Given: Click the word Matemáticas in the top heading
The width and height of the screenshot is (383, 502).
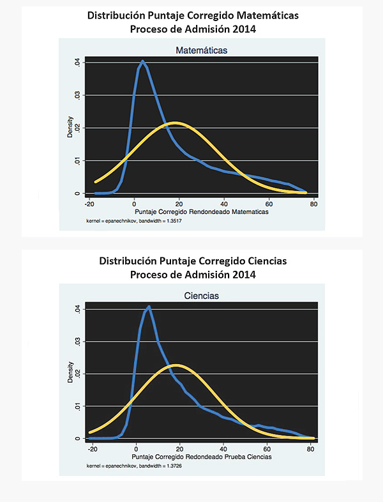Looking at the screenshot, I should (x=263, y=16).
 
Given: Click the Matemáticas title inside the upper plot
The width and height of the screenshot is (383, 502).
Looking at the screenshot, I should (x=202, y=50).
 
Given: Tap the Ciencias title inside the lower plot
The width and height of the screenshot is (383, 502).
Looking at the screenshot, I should (x=201, y=296).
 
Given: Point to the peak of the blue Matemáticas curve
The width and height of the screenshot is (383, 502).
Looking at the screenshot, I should (x=142, y=61).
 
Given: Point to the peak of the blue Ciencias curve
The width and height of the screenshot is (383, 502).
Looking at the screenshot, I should (x=149, y=307).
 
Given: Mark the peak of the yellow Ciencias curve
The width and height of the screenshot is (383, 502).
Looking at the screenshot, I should (x=177, y=365).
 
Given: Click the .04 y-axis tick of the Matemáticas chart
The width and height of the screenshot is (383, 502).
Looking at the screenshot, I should (x=77, y=62).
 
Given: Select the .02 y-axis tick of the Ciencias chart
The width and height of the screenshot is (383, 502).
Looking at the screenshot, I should (x=77, y=373).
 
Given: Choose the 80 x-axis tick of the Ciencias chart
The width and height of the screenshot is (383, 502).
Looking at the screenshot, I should (x=311, y=450).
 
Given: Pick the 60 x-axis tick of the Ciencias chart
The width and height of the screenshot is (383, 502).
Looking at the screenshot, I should (x=267, y=450).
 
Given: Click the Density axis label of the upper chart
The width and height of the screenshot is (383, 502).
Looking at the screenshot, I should (x=70, y=127).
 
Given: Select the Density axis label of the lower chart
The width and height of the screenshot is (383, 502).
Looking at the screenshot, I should (x=70, y=373).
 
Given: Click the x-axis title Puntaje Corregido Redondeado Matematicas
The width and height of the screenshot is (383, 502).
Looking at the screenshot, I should (x=202, y=211).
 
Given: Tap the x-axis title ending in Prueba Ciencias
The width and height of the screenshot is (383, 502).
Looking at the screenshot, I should (x=202, y=457).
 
